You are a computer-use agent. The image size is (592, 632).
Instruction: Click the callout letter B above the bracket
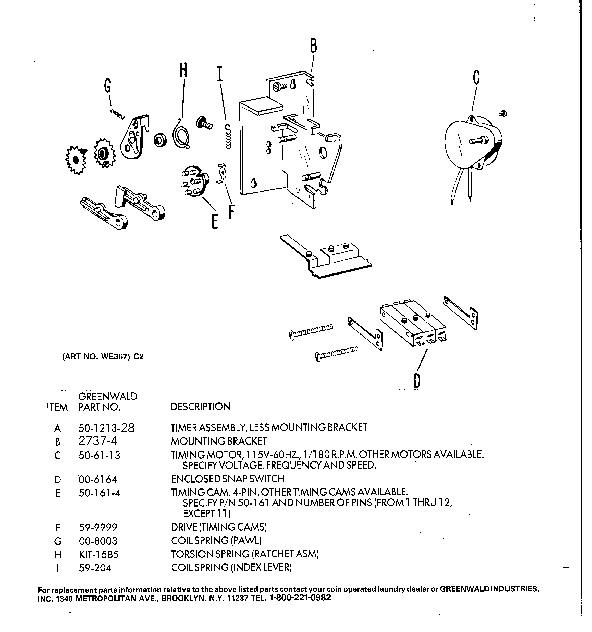(x=313, y=46)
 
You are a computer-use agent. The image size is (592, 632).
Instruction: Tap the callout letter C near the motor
(x=476, y=77)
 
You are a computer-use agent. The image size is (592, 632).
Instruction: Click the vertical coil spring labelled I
(x=228, y=137)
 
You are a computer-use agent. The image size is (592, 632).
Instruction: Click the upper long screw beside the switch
(x=311, y=331)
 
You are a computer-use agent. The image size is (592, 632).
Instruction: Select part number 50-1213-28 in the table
(x=106, y=428)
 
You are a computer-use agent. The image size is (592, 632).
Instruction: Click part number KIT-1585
(x=98, y=555)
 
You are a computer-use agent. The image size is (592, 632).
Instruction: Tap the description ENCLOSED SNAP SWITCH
(x=227, y=479)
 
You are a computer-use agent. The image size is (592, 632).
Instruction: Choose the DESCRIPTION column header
(x=201, y=407)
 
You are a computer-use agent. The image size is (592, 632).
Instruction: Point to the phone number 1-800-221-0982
(x=300, y=598)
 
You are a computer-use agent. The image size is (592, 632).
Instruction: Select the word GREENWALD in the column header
(x=108, y=396)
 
